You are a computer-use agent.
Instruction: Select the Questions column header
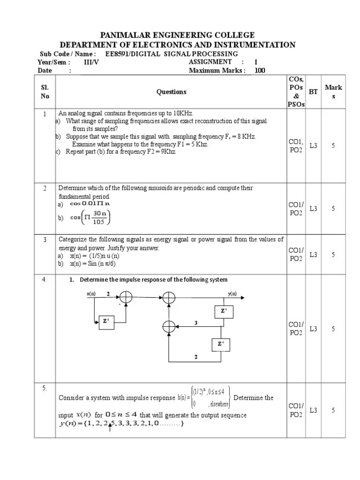point(171,92)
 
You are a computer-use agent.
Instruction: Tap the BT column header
point(313,92)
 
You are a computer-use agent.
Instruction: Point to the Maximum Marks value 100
point(260,71)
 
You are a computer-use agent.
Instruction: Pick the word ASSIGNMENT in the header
point(210,62)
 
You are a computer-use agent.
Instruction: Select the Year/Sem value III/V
point(90,62)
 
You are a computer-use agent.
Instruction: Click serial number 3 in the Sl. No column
point(45,240)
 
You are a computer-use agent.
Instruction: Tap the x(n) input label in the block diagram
point(91,294)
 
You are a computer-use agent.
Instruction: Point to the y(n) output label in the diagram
point(232,294)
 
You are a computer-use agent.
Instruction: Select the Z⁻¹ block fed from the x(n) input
point(106,322)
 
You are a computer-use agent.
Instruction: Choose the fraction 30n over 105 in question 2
point(99,217)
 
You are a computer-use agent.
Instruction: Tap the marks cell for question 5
point(333,410)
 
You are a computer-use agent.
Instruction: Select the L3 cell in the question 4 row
point(313,329)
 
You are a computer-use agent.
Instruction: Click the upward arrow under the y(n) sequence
point(110,427)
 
